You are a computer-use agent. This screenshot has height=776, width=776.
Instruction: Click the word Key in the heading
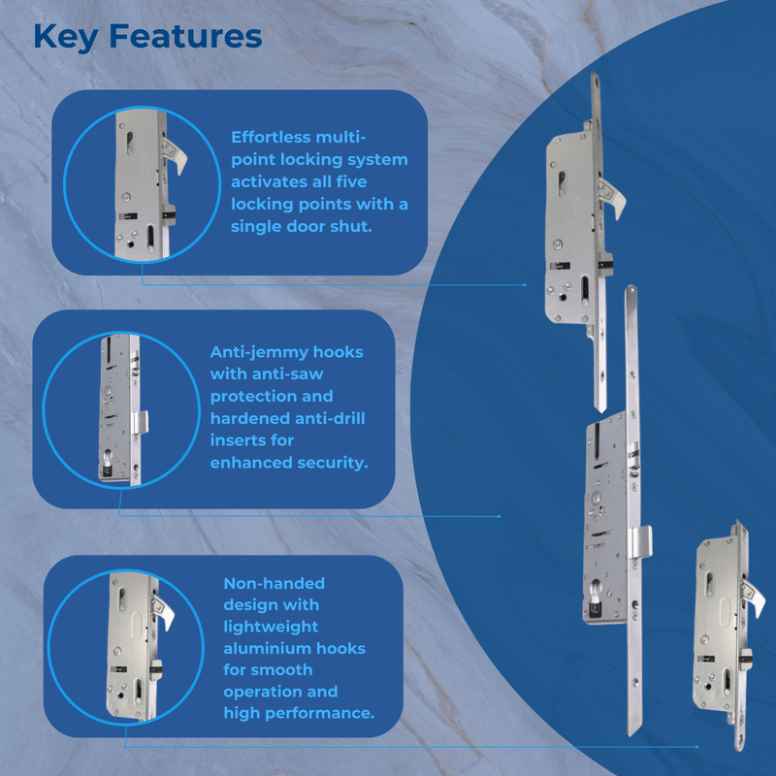coord(65,36)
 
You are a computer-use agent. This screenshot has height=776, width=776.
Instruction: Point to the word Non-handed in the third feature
coord(274,583)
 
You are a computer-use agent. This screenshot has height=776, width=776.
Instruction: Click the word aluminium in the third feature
coord(269,648)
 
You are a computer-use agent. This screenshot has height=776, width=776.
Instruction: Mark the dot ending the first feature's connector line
coord(525,285)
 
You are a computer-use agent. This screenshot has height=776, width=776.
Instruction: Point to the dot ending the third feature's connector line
coord(696,747)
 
